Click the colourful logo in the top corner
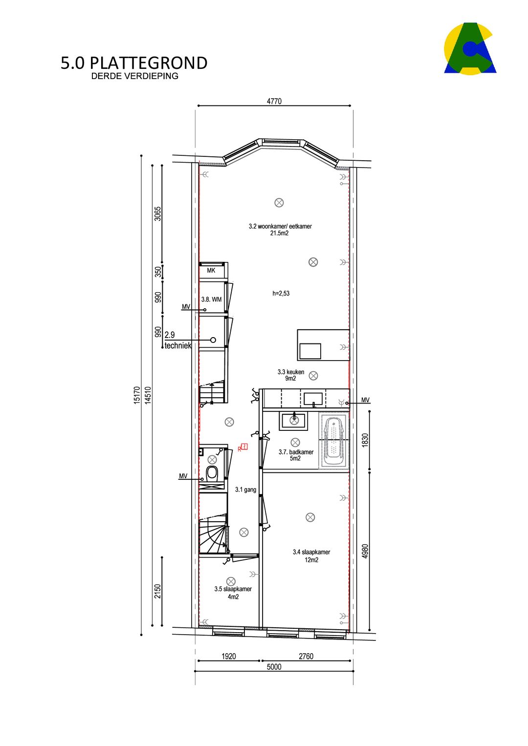point(470,49)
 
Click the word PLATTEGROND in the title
point(149,63)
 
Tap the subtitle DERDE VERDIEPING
point(134,76)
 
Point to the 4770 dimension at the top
point(274,101)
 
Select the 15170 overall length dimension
point(136,395)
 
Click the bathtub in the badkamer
point(333,441)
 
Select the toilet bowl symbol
point(212,472)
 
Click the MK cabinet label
point(211,271)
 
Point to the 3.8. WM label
point(211,299)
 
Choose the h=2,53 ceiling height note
point(281,294)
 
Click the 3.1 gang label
point(245,490)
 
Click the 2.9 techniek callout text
point(177,340)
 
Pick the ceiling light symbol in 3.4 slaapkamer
point(310,517)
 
